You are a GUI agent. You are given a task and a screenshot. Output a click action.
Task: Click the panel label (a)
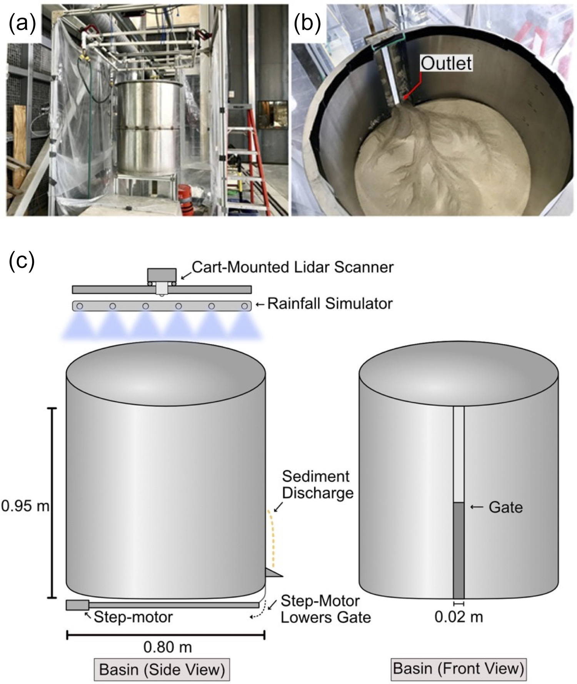(x=22, y=24)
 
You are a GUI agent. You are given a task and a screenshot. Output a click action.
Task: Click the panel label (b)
(x=307, y=24)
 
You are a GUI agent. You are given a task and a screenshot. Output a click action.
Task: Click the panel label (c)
(x=22, y=261)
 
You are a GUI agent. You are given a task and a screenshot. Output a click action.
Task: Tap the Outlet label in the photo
(x=446, y=63)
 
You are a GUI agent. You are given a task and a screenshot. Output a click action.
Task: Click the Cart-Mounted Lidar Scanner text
(x=292, y=267)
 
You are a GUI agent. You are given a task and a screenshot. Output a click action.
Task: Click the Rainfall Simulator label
(x=330, y=304)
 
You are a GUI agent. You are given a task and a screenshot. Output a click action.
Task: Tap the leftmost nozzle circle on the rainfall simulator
(x=80, y=306)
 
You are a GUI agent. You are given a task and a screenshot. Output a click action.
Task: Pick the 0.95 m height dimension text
(x=25, y=505)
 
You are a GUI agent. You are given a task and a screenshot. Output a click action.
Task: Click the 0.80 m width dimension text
(x=167, y=647)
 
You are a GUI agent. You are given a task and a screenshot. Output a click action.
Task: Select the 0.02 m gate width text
(x=459, y=617)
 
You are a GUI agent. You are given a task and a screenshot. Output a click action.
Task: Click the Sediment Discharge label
(x=317, y=485)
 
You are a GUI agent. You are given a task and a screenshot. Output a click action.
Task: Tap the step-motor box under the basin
(x=77, y=605)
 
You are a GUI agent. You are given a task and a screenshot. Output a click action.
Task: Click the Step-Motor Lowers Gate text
(x=325, y=609)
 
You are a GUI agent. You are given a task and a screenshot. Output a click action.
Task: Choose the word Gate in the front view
(x=505, y=507)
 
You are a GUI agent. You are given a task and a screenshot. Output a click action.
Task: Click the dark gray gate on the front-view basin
(x=459, y=550)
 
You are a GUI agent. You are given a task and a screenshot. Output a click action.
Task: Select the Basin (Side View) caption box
(x=162, y=670)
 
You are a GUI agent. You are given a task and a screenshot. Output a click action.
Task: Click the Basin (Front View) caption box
(x=459, y=669)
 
